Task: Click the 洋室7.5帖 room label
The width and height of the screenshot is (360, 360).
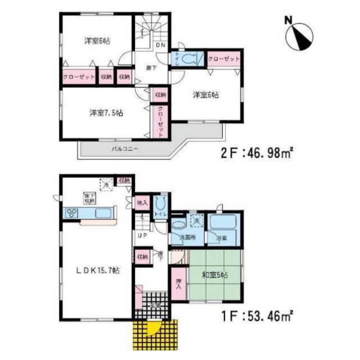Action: pyautogui.click(x=107, y=113)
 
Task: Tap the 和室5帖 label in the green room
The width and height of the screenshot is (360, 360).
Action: pyautogui.click(x=215, y=275)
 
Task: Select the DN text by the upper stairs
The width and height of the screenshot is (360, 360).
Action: pyautogui.click(x=160, y=45)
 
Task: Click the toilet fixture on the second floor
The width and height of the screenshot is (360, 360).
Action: pyautogui.click(x=189, y=58)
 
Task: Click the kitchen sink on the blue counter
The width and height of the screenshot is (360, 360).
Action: pyautogui.click(x=104, y=213)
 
